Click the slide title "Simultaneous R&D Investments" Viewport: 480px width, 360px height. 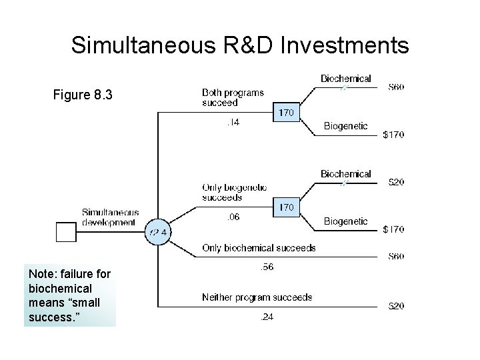tap(240, 45)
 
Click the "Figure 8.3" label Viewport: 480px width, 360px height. tap(83, 95)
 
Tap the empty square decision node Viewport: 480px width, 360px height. tap(66, 232)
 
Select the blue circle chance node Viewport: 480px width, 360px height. tap(159, 232)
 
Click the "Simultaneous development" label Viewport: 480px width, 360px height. tap(111, 217)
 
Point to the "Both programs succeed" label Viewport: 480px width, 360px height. tap(233, 97)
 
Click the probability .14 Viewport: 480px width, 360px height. tap(233, 123)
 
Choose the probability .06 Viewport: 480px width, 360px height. tap(233, 217)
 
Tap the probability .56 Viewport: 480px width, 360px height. tap(266, 267)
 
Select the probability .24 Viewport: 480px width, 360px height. tap(266, 317)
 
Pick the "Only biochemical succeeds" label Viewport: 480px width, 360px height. tap(259, 248)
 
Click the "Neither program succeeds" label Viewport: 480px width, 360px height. tap(257, 297)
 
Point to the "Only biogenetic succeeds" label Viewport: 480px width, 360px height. tap(234, 192)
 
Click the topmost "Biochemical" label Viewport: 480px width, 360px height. tap(345, 79)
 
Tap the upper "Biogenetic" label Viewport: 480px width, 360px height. tap(345, 126)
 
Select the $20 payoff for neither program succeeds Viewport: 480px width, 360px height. tap(396, 307)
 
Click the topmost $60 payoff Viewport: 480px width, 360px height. tap(396, 87)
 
